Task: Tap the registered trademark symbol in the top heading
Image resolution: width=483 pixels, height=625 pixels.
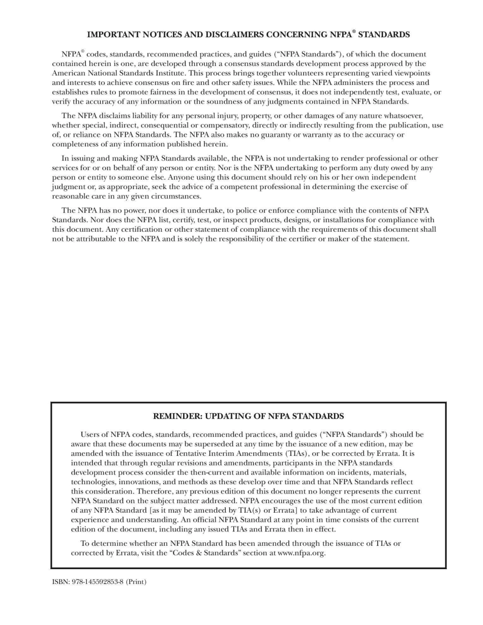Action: click(x=354, y=32)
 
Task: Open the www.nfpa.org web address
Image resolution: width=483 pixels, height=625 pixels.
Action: click(x=301, y=553)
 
